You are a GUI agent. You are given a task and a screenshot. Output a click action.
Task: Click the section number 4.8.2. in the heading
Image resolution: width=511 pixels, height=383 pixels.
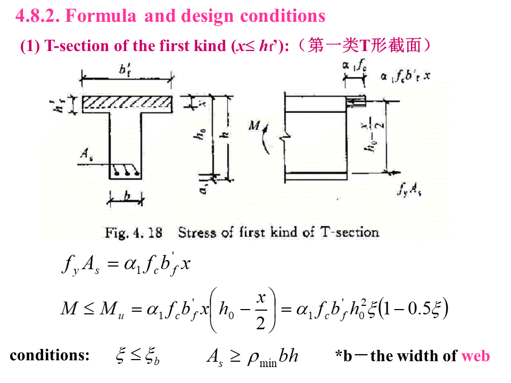(x=37, y=16)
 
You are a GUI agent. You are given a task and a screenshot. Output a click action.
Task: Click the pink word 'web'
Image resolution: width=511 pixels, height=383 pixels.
(x=475, y=355)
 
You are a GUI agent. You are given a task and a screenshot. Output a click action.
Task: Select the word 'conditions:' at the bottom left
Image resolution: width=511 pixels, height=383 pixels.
(x=50, y=355)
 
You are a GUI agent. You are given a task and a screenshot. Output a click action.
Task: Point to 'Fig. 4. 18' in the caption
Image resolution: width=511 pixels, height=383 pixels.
(x=133, y=232)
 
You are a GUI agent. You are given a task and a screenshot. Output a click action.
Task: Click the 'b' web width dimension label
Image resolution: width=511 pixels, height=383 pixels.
(x=127, y=196)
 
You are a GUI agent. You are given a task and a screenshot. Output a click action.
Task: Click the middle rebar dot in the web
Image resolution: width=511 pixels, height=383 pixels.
(x=127, y=172)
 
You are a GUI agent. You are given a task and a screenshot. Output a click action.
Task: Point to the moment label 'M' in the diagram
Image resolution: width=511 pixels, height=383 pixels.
(x=254, y=126)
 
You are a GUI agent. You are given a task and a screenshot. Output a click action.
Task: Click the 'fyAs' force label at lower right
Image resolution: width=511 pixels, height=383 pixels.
(x=409, y=190)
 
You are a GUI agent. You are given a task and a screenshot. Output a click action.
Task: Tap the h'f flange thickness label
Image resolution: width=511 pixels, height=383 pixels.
(x=64, y=105)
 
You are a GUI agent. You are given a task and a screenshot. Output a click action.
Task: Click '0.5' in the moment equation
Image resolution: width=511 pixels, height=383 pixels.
(x=420, y=309)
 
